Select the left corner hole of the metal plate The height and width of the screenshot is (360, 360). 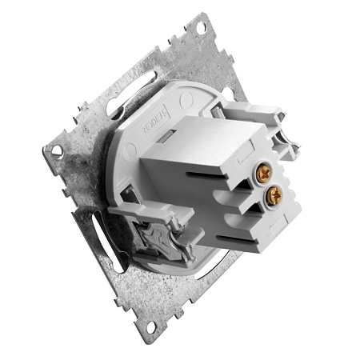[56, 150]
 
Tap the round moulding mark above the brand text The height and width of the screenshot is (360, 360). [186, 102]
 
